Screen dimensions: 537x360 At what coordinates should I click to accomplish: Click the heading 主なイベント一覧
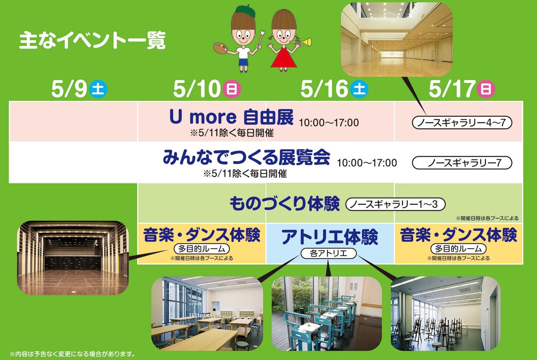(x=92, y=41)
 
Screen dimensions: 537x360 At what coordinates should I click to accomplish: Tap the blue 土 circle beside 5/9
(x=98, y=89)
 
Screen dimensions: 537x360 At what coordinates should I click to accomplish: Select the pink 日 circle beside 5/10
(x=232, y=89)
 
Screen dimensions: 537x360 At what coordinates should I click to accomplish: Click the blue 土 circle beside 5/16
(x=359, y=89)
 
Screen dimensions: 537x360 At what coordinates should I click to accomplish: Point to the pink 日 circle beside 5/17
(x=486, y=89)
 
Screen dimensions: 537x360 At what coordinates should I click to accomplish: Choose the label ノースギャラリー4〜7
(x=462, y=123)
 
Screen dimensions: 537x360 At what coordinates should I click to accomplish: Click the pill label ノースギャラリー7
(x=462, y=163)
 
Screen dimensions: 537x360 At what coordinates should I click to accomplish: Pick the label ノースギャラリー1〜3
(x=395, y=204)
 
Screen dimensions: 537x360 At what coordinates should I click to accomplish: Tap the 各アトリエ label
(x=328, y=253)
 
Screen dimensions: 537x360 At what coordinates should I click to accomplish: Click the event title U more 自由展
(x=231, y=117)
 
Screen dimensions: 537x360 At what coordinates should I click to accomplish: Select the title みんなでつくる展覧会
(x=246, y=157)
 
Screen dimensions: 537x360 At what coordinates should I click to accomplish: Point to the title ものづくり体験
(x=285, y=204)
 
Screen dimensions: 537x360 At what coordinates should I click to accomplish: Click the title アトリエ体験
(x=330, y=237)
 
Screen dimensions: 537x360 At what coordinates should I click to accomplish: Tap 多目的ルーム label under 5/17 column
(x=458, y=248)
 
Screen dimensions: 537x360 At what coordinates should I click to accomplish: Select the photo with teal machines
(x=327, y=314)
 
